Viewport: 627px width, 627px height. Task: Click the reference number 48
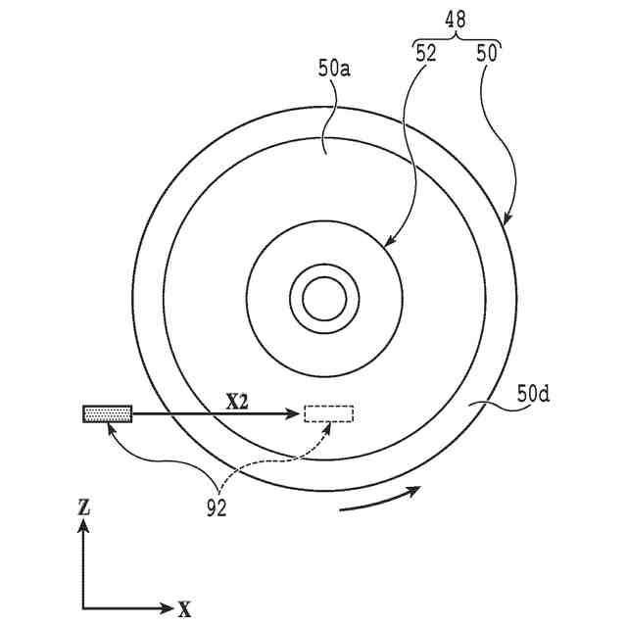pyautogui.click(x=457, y=18)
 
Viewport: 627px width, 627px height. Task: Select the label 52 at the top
pyautogui.click(x=426, y=55)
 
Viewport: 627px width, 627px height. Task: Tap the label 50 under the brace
pyautogui.click(x=487, y=55)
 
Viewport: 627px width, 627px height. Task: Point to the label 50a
pyautogui.click(x=334, y=70)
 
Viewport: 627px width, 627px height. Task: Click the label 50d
pyautogui.click(x=533, y=395)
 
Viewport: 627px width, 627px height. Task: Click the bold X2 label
pyautogui.click(x=238, y=401)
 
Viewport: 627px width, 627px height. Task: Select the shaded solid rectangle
pyautogui.click(x=107, y=414)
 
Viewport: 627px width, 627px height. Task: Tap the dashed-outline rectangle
pyautogui.click(x=329, y=413)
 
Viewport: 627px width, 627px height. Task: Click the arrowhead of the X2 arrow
pyautogui.click(x=294, y=414)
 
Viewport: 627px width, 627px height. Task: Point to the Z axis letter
pyautogui.click(x=84, y=506)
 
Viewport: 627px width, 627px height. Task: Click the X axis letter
pyautogui.click(x=184, y=609)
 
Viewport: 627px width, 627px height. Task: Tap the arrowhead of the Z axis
pyautogui.click(x=84, y=526)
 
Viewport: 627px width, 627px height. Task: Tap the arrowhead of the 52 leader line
pyautogui.click(x=389, y=244)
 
